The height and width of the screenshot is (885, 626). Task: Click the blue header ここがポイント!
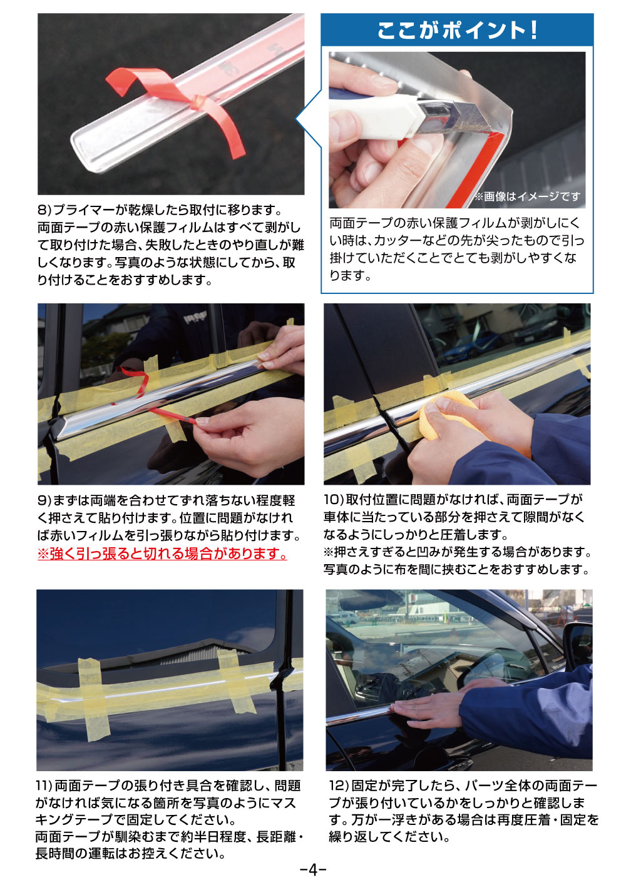457,30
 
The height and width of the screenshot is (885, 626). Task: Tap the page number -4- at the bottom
313,869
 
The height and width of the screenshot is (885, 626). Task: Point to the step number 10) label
333,500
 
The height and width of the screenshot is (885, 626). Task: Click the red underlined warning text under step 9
162,554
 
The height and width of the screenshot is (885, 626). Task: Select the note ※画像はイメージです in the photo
527,196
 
